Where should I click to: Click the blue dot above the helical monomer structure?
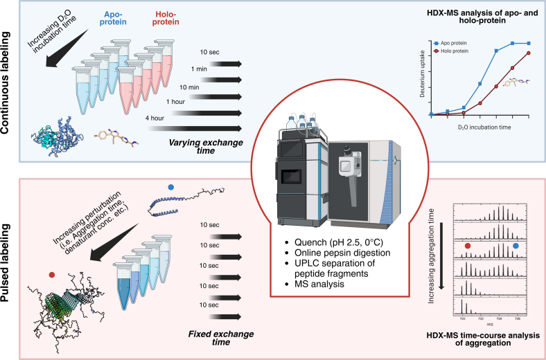pos(171,186)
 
